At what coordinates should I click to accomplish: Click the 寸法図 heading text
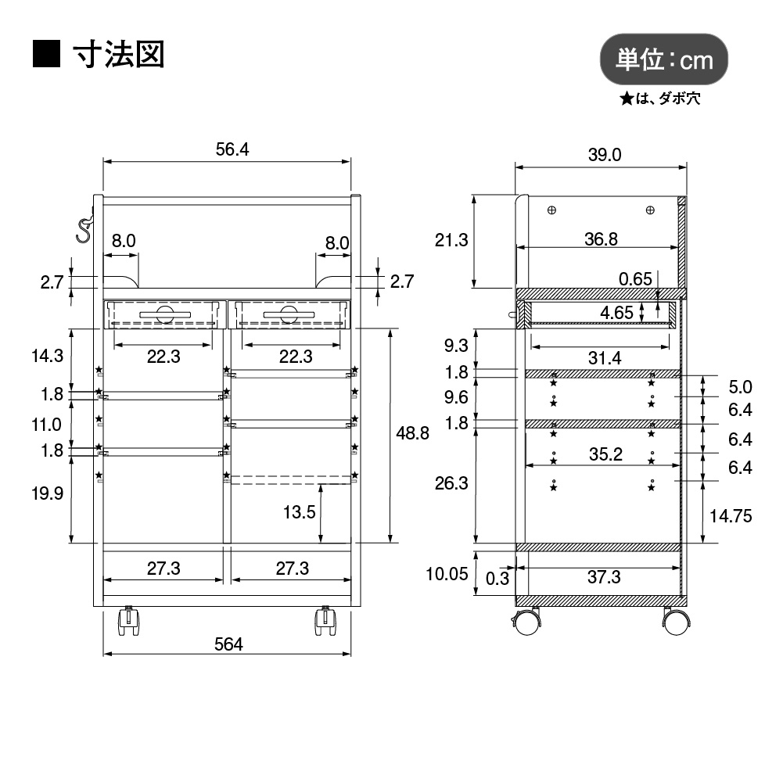tap(118, 54)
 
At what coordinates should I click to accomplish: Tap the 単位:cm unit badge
tap(664, 59)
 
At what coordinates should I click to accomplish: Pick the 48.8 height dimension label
tap(413, 432)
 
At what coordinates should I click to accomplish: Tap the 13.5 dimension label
tap(300, 512)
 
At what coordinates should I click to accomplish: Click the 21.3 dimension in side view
tap(451, 240)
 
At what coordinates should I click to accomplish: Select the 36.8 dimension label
tap(601, 239)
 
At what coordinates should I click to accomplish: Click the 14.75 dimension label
tap(730, 515)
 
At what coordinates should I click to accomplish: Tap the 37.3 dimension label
tap(603, 577)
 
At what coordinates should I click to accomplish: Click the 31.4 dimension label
tap(603, 357)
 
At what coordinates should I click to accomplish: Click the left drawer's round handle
tap(164, 314)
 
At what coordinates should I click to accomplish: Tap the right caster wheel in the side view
tap(676, 622)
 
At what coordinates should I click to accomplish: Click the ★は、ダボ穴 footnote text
tap(661, 99)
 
